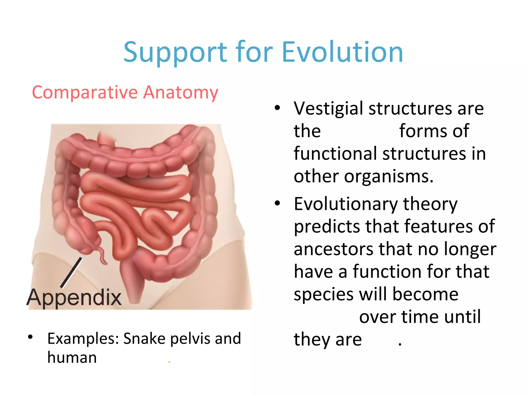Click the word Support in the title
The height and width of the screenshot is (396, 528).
point(175,53)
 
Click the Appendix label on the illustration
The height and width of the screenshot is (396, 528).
point(74,298)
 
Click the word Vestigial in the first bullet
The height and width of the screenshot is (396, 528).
point(328,109)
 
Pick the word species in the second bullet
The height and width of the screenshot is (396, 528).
point(323,295)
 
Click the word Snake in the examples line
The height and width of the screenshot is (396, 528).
point(145,338)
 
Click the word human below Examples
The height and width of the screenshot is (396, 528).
point(72,358)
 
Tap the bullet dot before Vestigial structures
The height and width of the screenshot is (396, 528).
point(277,108)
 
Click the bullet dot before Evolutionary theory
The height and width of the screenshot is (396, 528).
point(277,203)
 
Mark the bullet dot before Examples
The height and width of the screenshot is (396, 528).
point(30,337)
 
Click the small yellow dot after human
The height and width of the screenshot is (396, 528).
point(169,362)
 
